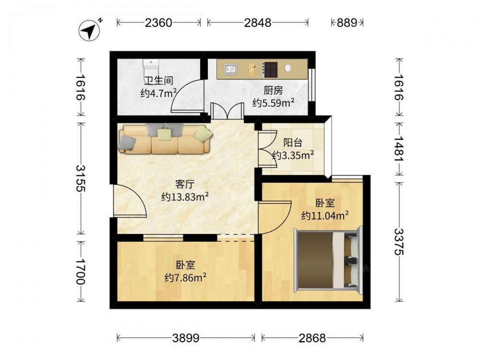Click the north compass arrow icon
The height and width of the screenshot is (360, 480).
89,31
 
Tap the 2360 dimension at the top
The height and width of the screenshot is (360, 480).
158,23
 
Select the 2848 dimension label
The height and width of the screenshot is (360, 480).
257,23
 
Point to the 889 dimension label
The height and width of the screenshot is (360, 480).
347,23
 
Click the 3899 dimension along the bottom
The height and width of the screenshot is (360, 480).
185,338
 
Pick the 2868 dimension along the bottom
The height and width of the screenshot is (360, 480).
312,338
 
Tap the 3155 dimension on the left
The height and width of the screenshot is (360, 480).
81,178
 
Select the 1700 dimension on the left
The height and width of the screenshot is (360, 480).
81,272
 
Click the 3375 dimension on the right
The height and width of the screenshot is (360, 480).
399,242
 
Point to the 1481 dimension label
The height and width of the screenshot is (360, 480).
399,149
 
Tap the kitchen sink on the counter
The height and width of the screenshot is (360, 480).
230,69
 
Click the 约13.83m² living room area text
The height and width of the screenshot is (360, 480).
185,196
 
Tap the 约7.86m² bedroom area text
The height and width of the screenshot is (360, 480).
185,277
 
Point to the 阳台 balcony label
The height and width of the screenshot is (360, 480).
293,143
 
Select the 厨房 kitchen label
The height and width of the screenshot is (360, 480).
273,90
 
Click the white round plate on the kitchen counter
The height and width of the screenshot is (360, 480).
288,68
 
